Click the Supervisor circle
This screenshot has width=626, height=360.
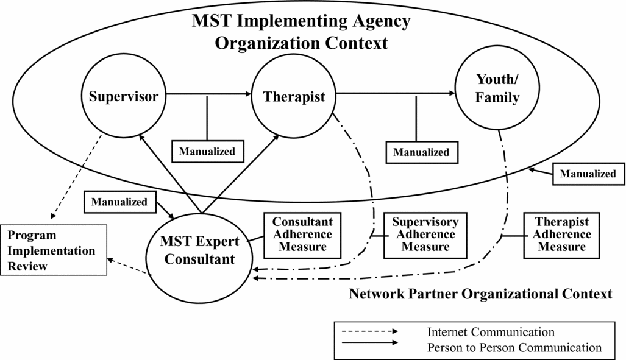pyautogui.click(x=124, y=96)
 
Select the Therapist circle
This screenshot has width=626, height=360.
pyautogui.click(x=294, y=96)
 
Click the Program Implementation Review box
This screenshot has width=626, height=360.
pyautogui.click(x=53, y=250)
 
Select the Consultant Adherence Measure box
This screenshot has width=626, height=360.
pyautogui.click(x=302, y=235)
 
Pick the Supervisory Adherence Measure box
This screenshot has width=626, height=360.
pyautogui.click(x=425, y=235)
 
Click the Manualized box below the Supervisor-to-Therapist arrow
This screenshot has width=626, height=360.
pyautogui.click(x=207, y=151)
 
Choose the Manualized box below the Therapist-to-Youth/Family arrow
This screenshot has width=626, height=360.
pyautogui.click(x=421, y=152)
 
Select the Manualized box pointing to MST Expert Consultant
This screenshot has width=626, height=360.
pyautogui.click(x=119, y=202)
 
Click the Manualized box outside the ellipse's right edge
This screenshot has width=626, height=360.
pyautogui.click(x=588, y=174)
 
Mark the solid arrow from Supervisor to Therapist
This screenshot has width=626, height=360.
pyautogui.click(x=207, y=94)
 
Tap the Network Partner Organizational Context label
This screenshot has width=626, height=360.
pyautogui.click(x=480, y=294)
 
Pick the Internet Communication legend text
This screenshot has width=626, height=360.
pyautogui.click(x=491, y=332)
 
